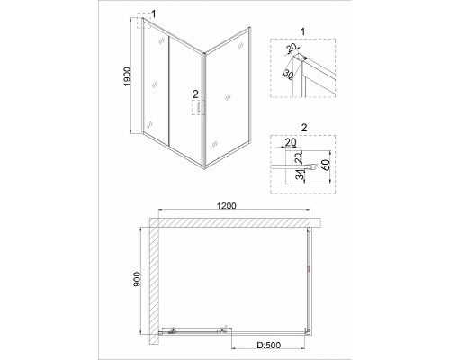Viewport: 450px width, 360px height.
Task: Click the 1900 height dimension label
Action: pyautogui.click(x=128, y=76)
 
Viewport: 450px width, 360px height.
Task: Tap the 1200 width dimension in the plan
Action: pyautogui.click(x=227, y=206)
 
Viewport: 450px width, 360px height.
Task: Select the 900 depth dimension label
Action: pyautogui.click(x=137, y=279)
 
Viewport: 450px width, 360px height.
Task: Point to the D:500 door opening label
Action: pyautogui.click(x=269, y=346)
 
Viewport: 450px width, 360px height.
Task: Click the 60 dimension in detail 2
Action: pyautogui.click(x=326, y=165)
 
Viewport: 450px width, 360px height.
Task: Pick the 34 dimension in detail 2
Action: pyautogui.click(x=300, y=175)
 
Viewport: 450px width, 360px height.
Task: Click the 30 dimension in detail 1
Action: pyautogui.click(x=287, y=75)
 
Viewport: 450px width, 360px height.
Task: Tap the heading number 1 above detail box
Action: pyautogui.click(x=302, y=31)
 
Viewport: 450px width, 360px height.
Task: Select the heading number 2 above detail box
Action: pyautogui.click(x=304, y=128)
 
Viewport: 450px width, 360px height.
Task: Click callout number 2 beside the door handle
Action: pyautogui.click(x=195, y=94)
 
